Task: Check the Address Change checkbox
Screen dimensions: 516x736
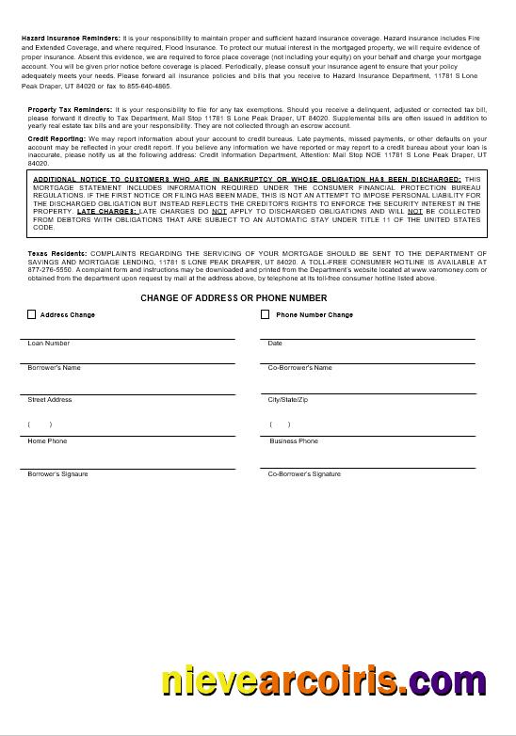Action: point(32,314)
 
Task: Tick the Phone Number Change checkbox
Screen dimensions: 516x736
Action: point(266,314)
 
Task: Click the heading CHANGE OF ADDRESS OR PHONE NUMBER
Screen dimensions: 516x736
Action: point(234,298)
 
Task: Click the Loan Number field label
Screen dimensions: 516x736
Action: point(49,344)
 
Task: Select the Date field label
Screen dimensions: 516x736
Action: point(275,344)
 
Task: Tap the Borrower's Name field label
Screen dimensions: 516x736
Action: point(55,368)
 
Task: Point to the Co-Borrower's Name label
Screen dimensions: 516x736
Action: point(300,368)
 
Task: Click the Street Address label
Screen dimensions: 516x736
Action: point(50,400)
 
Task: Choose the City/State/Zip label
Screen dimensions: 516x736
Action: point(288,400)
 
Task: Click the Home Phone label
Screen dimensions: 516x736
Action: point(47,441)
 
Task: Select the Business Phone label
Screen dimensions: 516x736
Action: point(294,441)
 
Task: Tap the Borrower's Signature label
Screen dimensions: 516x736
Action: point(58,473)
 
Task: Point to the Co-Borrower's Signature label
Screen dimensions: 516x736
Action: point(304,473)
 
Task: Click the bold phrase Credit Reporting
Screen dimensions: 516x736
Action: point(57,138)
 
